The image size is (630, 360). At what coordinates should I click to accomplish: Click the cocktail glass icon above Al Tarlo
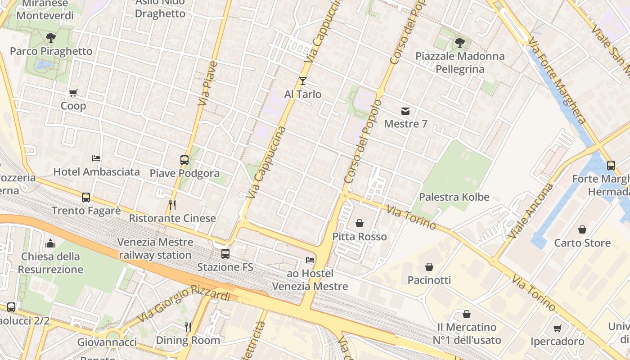pos(302,81)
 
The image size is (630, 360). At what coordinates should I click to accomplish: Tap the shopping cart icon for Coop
pos(73,93)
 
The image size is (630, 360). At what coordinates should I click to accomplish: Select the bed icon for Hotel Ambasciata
pos(96,158)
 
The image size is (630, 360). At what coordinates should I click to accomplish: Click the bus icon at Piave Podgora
pos(184,160)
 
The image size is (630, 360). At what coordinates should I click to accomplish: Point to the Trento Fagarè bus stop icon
pos(85,197)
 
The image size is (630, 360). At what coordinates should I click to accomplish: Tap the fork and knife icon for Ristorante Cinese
pos(172,205)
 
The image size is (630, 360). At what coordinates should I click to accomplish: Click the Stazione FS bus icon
pos(225,254)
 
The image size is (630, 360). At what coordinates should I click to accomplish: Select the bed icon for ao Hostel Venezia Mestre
pos(310,260)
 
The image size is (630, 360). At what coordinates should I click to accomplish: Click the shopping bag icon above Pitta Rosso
pos(359,223)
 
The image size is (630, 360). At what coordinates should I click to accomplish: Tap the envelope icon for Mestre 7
pos(405,111)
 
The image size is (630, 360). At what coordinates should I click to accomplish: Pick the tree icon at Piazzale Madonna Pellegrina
pos(459,43)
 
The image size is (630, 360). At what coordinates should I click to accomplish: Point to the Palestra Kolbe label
pos(454,197)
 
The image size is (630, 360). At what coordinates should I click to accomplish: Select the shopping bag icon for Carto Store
pos(582,229)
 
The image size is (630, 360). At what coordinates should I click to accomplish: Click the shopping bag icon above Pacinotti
pos(429,267)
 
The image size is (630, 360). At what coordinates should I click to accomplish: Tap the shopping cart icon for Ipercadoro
pos(557,328)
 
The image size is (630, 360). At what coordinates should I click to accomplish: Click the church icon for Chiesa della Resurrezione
pos(50,243)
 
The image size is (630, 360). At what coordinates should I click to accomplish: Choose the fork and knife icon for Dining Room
pos(188,327)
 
